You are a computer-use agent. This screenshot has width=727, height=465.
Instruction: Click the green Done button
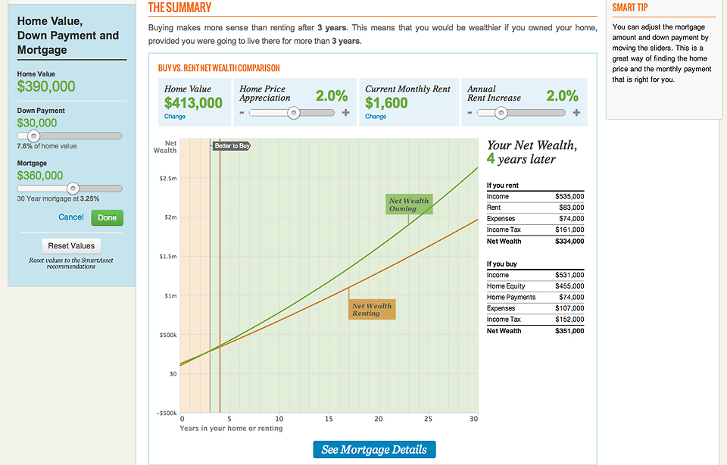(107, 217)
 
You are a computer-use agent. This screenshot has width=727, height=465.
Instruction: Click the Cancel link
(71, 217)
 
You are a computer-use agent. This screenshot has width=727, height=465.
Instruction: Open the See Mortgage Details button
(374, 450)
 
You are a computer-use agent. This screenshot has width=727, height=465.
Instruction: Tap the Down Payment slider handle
(33, 136)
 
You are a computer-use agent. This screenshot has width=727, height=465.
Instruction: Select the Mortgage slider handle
(73, 189)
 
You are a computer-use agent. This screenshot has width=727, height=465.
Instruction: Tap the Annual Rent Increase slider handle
(501, 113)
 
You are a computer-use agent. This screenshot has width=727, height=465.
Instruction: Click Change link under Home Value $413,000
(175, 117)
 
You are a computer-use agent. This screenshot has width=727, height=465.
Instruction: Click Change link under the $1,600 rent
(376, 117)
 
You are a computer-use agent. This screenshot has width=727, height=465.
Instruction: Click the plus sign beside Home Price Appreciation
(346, 113)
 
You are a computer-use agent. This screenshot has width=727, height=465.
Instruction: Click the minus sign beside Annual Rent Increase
(471, 113)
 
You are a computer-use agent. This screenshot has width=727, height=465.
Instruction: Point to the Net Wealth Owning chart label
(409, 204)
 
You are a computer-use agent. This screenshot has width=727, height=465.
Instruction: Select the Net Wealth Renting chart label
(372, 310)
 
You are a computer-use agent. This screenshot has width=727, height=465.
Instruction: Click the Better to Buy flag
(231, 145)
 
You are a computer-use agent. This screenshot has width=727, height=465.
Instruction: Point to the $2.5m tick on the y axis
(167, 178)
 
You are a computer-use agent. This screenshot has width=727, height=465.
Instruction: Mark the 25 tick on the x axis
(428, 419)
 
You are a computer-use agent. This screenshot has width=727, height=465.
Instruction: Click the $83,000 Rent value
(571, 208)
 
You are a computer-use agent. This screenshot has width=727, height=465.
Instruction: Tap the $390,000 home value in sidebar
(46, 86)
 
